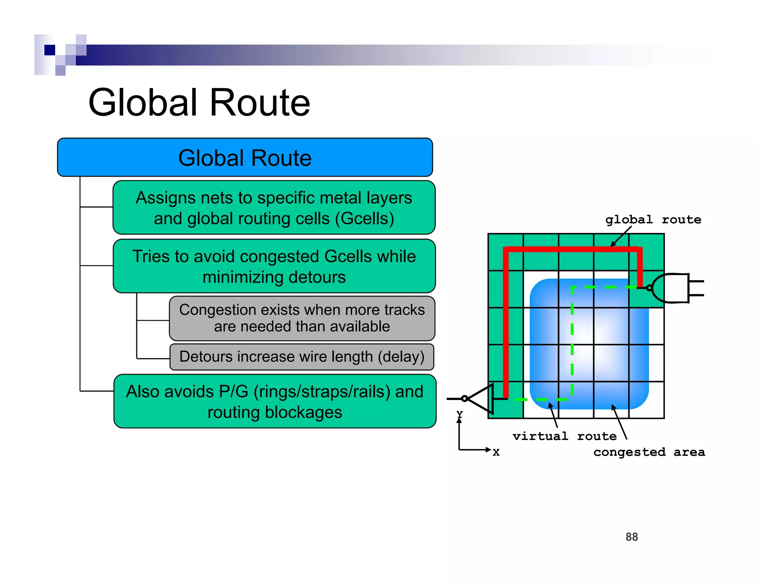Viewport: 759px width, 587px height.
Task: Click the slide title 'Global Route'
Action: (199, 103)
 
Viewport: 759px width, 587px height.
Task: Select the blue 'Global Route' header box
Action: (245, 157)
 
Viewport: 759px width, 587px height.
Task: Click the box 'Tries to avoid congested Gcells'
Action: (274, 266)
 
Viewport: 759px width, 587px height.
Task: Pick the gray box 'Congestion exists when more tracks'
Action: (302, 318)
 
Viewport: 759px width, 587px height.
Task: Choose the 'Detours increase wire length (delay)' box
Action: (302, 357)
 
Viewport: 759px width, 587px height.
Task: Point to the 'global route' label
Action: (653, 220)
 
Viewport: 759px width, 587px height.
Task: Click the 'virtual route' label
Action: (564, 436)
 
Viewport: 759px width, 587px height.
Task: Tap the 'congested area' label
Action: (649, 452)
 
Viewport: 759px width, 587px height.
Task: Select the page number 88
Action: (632, 537)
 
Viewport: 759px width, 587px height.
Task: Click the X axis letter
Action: (496, 452)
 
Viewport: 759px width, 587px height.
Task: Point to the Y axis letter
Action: (460, 413)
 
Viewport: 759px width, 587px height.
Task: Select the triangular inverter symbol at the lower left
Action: (480, 399)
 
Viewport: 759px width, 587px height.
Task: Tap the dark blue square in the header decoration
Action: (50, 50)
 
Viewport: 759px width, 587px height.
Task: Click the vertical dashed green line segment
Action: (572, 341)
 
